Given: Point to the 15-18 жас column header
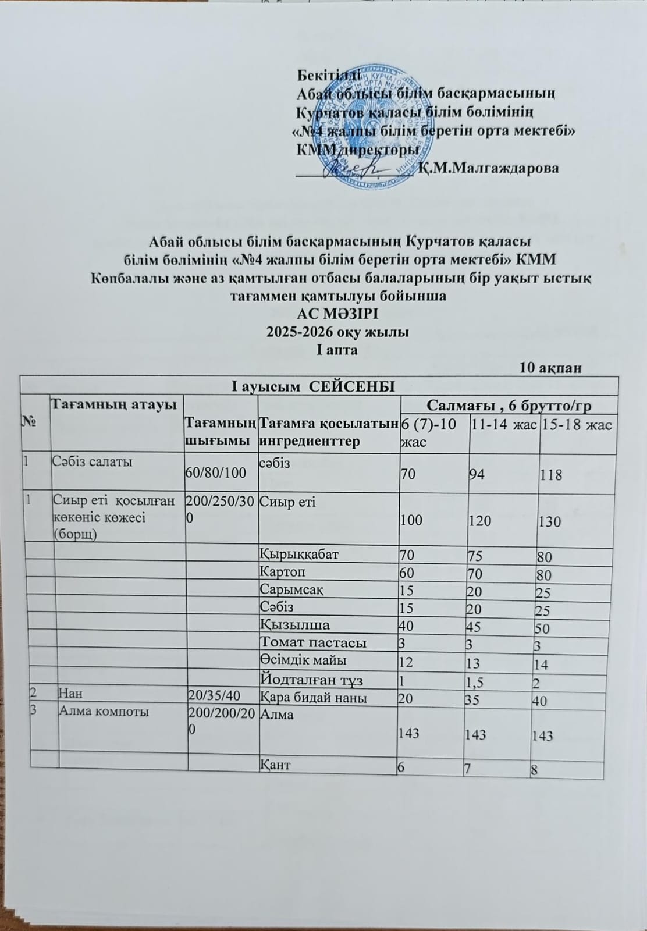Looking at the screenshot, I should (576, 425).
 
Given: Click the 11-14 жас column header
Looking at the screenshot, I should (504, 425).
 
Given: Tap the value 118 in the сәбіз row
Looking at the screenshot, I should (550, 475).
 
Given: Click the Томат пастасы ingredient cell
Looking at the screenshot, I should (312, 643).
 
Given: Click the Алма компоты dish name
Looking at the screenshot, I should (97, 712).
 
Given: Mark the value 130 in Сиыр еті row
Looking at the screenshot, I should (549, 521).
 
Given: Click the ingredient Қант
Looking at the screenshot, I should (275, 765).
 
